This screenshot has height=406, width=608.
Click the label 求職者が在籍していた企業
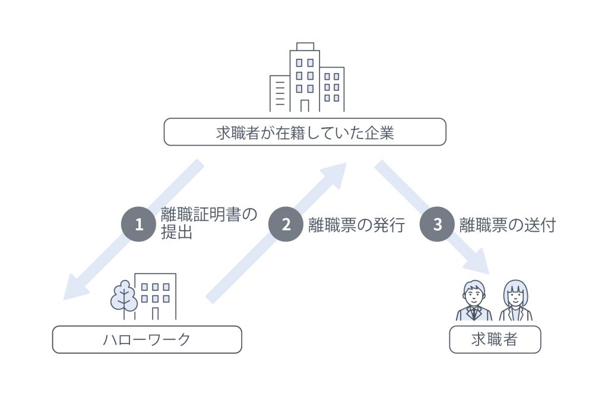pyautogui.click(x=305, y=132)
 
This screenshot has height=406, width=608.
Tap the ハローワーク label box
pyautogui.click(x=147, y=339)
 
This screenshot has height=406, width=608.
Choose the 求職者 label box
pyautogui.click(x=495, y=339)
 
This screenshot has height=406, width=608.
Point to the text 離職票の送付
pyautogui.click(x=508, y=225)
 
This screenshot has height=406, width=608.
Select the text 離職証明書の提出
pyautogui.click(x=209, y=224)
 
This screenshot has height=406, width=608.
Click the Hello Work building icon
pyautogui.click(x=156, y=296)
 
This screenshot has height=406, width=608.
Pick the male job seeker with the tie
pyautogui.click(x=473, y=302)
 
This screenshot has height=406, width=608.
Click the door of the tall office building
pyautogui.click(x=305, y=105)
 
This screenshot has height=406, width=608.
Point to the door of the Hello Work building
pyautogui.click(x=155, y=313)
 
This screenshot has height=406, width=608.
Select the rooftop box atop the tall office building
pyautogui.click(x=305, y=46)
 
